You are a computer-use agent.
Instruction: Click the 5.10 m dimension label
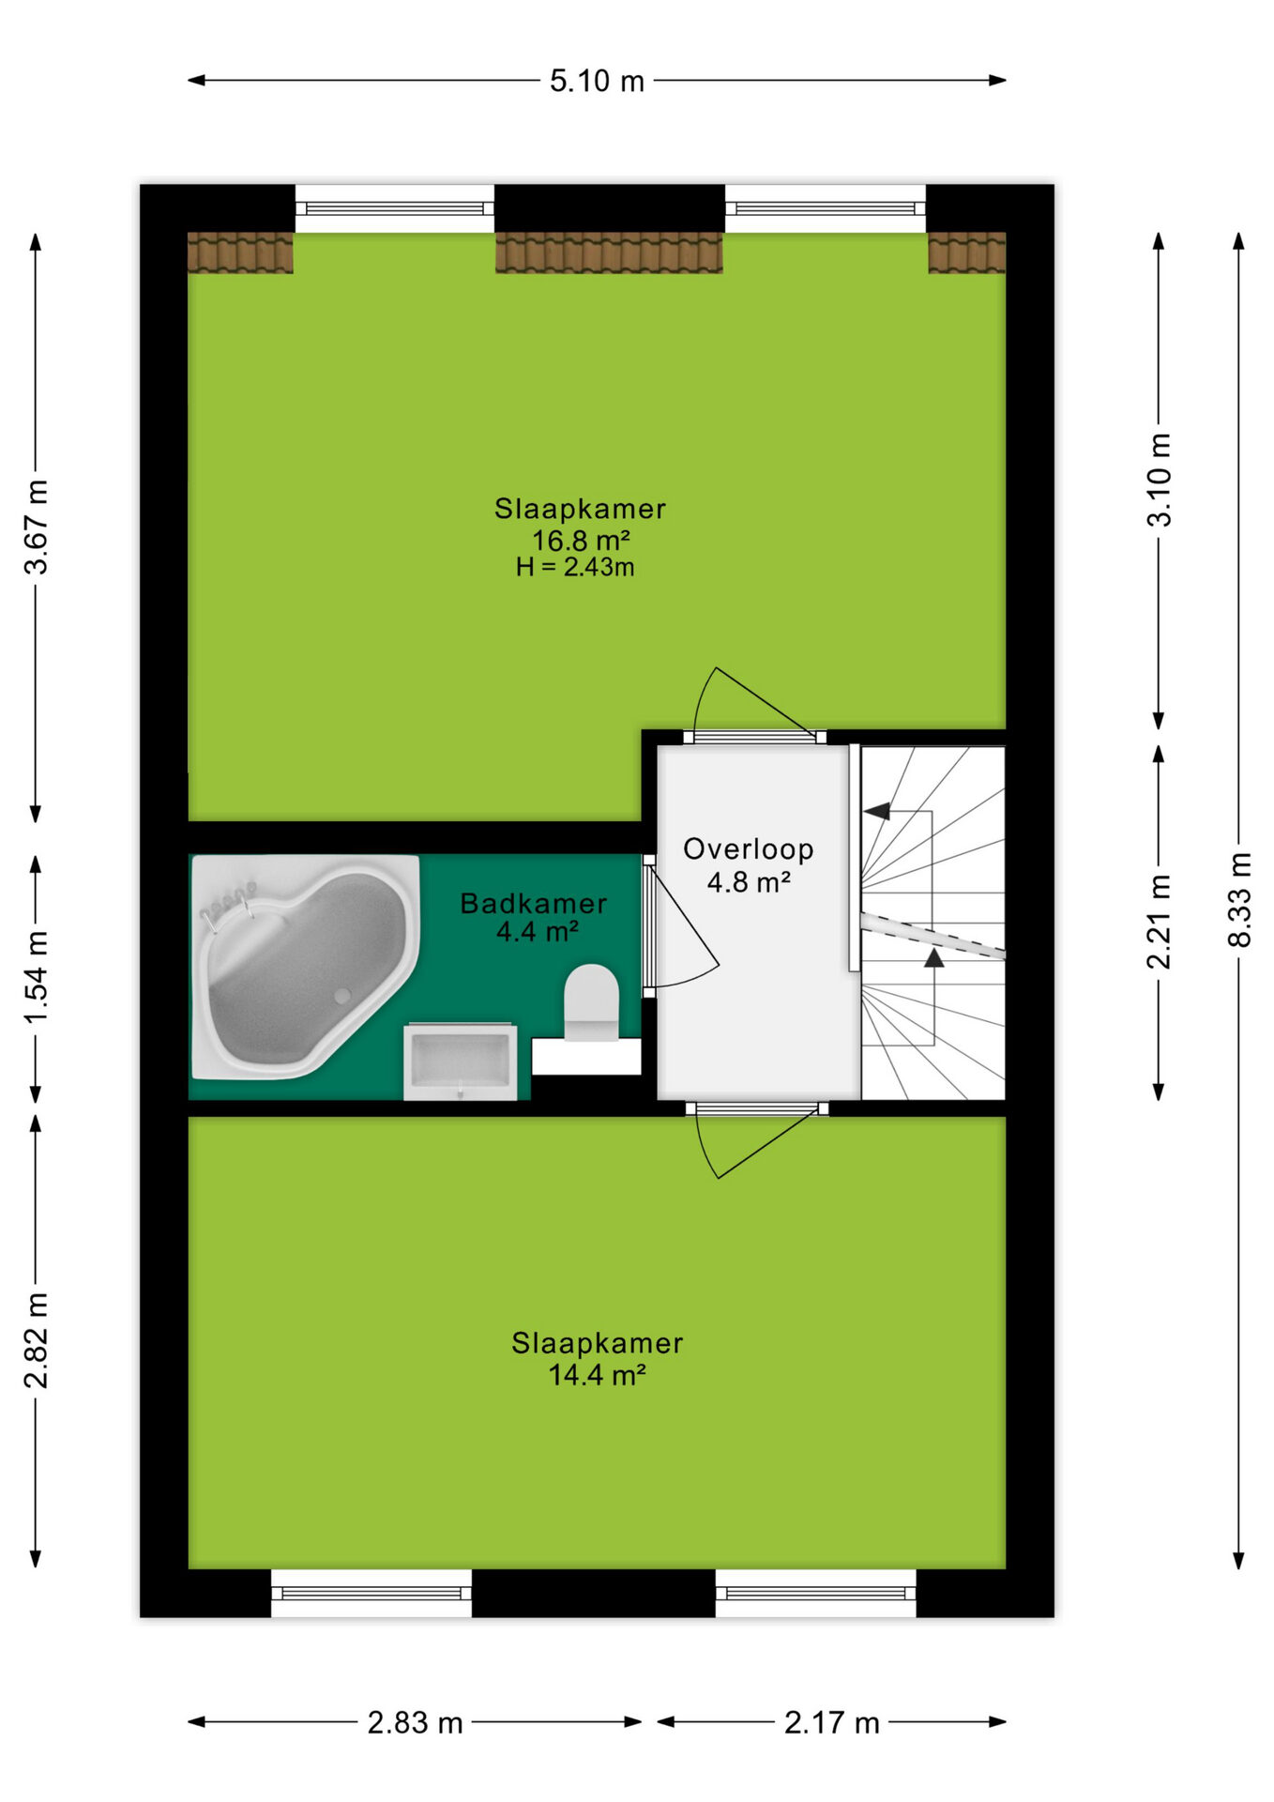tap(597, 81)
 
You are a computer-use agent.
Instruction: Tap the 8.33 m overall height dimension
tap(1239, 899)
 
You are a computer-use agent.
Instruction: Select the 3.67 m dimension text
tap(36, 526)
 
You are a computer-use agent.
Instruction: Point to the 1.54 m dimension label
tap(36, 978)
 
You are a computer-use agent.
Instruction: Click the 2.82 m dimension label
tap(36, 1340)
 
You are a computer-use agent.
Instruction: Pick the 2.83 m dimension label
tap(415, 1722)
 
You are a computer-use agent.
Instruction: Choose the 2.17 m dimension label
tap(831, 1722)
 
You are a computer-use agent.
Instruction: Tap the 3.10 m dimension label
tap(1160, 479)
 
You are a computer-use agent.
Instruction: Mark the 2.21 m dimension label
tap(1160, 921)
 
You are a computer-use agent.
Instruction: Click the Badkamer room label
tap(534, 903)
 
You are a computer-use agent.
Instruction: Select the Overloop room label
tap(748, 849)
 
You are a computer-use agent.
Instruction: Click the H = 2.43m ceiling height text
tap(575, 567)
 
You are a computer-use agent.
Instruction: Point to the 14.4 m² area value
tap(597, 1375)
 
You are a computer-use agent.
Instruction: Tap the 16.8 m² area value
tap(581, 541)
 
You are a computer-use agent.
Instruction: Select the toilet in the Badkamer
tap(591, 1002)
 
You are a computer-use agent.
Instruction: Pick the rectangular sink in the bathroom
tap(460, 1061)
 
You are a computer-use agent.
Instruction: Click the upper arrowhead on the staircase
tap(877, 811)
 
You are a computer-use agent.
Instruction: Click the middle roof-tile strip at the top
tap(609, 252)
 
